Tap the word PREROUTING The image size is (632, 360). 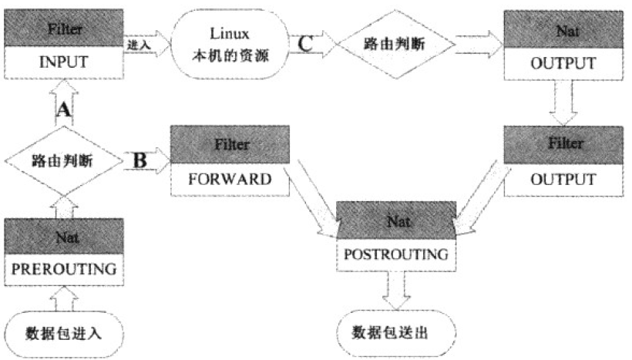tap(64, 269)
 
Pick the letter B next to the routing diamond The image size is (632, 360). tap(140, 161)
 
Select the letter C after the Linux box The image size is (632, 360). tap(306, 43)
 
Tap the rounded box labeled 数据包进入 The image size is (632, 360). tap(64, 333)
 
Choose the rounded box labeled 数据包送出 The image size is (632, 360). tap(393, 333)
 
